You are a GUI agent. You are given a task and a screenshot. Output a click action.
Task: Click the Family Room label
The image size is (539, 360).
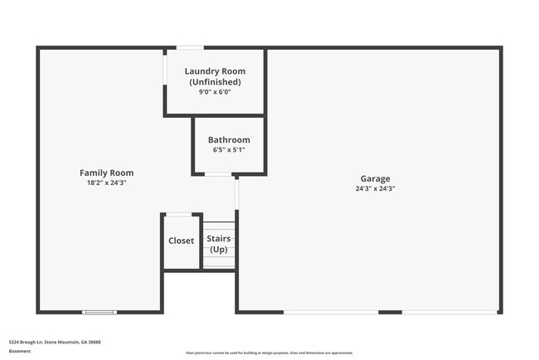tap(106, 173)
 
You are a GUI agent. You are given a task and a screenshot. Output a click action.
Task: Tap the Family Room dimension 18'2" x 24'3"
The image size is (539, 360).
tap(106, 182)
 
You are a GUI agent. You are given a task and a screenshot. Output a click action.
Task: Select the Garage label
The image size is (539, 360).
tap(375, 178)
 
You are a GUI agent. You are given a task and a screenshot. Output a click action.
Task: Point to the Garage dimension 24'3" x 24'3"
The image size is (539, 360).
tap(375, 188)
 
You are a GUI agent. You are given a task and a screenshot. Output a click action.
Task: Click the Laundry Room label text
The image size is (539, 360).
tap(215, 71)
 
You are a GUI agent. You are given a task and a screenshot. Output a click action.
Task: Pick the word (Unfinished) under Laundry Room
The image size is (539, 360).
tap(215, 82)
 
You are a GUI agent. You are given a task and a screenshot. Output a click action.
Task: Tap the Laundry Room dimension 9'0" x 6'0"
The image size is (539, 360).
tap(215, 92)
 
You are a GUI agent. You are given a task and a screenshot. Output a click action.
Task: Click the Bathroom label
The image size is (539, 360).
tap(229, 140)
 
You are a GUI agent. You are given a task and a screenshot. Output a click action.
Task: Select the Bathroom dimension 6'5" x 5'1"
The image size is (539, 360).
tap(229, 150)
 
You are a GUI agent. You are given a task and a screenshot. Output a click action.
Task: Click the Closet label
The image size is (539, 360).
tap(181, 241)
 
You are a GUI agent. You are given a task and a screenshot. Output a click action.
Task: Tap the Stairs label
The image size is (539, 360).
tap(219, 239)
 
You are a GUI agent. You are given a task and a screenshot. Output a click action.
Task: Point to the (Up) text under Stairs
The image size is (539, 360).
tap(219, 249)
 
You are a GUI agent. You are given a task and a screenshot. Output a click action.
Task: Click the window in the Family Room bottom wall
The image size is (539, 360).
tap(99, 312)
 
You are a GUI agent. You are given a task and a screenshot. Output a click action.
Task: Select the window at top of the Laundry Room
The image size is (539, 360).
tap(190, 47)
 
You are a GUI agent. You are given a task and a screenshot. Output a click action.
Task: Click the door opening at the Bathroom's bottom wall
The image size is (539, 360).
tap(218, 174)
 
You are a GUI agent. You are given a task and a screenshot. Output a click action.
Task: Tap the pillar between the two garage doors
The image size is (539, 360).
tap(391, 312)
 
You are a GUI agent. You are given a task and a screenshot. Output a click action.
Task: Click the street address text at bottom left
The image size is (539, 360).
tap(55, 341)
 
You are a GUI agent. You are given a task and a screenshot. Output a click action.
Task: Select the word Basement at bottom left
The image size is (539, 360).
tap(21, 351)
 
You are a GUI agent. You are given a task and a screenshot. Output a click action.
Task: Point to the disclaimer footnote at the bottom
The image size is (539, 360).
tap(269, 353)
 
